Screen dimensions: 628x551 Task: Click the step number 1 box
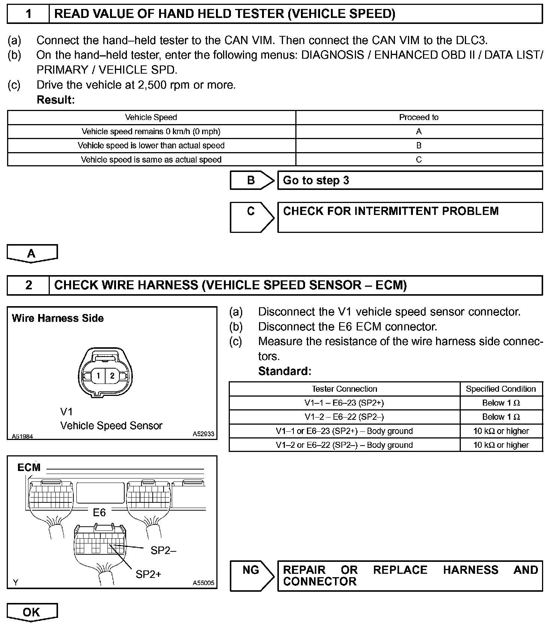point(28,14)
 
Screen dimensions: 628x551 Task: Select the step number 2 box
point(28,285)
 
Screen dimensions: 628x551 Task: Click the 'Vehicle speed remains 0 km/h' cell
point(151,132)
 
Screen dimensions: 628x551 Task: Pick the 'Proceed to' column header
point(418,117)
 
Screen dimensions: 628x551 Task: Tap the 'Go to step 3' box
point(410,181)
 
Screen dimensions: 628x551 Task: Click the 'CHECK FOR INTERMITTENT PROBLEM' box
point(410,217)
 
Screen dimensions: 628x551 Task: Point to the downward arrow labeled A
point(32,254)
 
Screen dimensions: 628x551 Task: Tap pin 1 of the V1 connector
point(98,375)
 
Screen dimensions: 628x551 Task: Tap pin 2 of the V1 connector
point(112,375)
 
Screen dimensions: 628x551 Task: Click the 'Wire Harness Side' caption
point(58,318)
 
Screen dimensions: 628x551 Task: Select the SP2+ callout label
point(148,574)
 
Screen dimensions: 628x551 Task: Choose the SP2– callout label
point(163,550)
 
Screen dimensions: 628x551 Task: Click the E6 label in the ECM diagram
point(99,512)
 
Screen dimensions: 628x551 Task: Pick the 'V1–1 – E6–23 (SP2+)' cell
point(344,403)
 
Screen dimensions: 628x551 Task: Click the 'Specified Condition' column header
point(501,389)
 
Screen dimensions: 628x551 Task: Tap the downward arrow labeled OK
point(32,613)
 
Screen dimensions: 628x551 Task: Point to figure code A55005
point(204,583)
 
